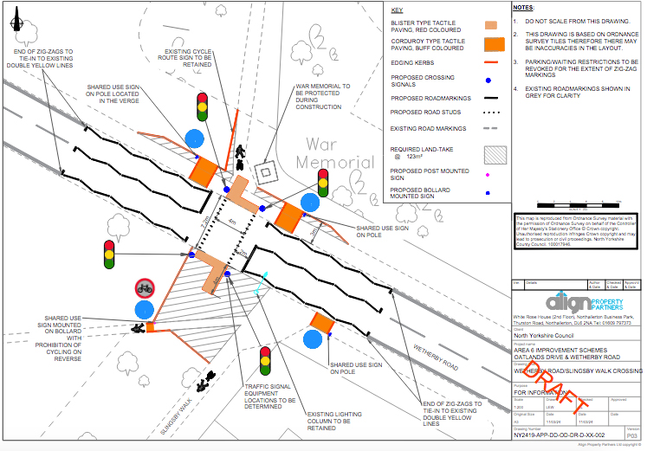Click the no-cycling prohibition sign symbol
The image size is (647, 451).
tap(145, 287)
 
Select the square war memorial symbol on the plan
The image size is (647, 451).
tap(265, 172)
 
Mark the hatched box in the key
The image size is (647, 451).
tap(495, 153)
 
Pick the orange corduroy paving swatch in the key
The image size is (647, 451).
tap(495, 44)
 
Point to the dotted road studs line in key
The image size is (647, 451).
tap(494, 113)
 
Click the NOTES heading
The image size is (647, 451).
tap(524, 7)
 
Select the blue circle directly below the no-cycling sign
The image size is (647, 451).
tap(145, 311)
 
